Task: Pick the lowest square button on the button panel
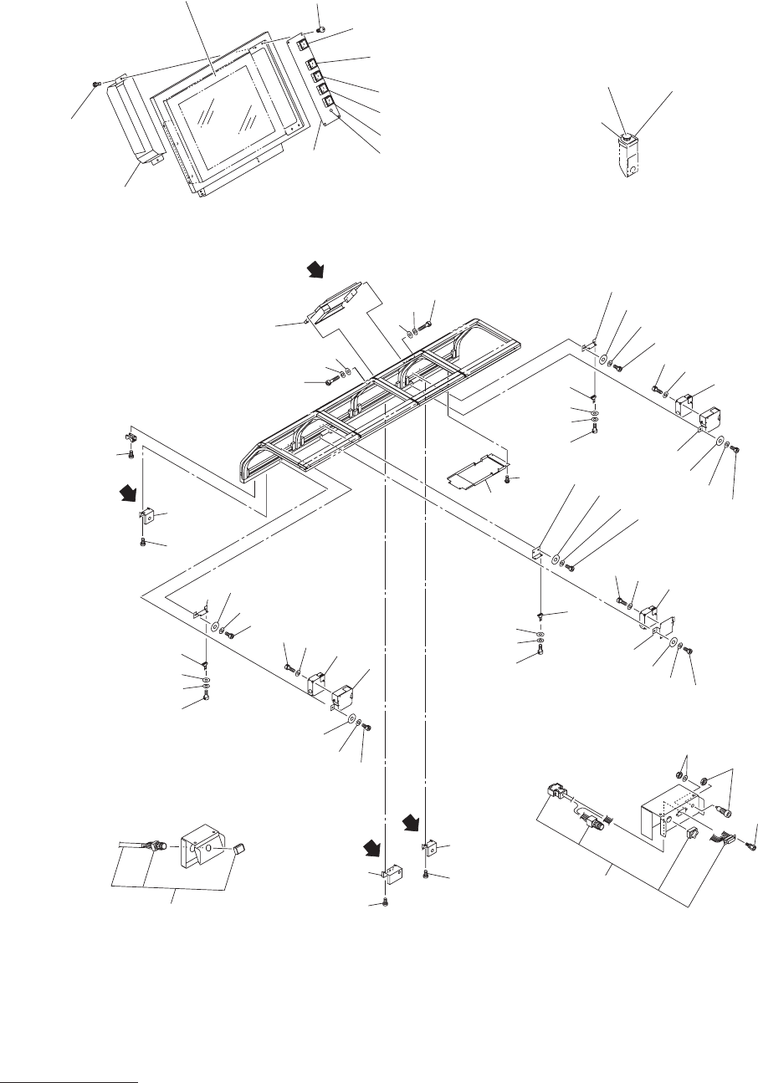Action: pyautogui.click(x=328, y=104)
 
